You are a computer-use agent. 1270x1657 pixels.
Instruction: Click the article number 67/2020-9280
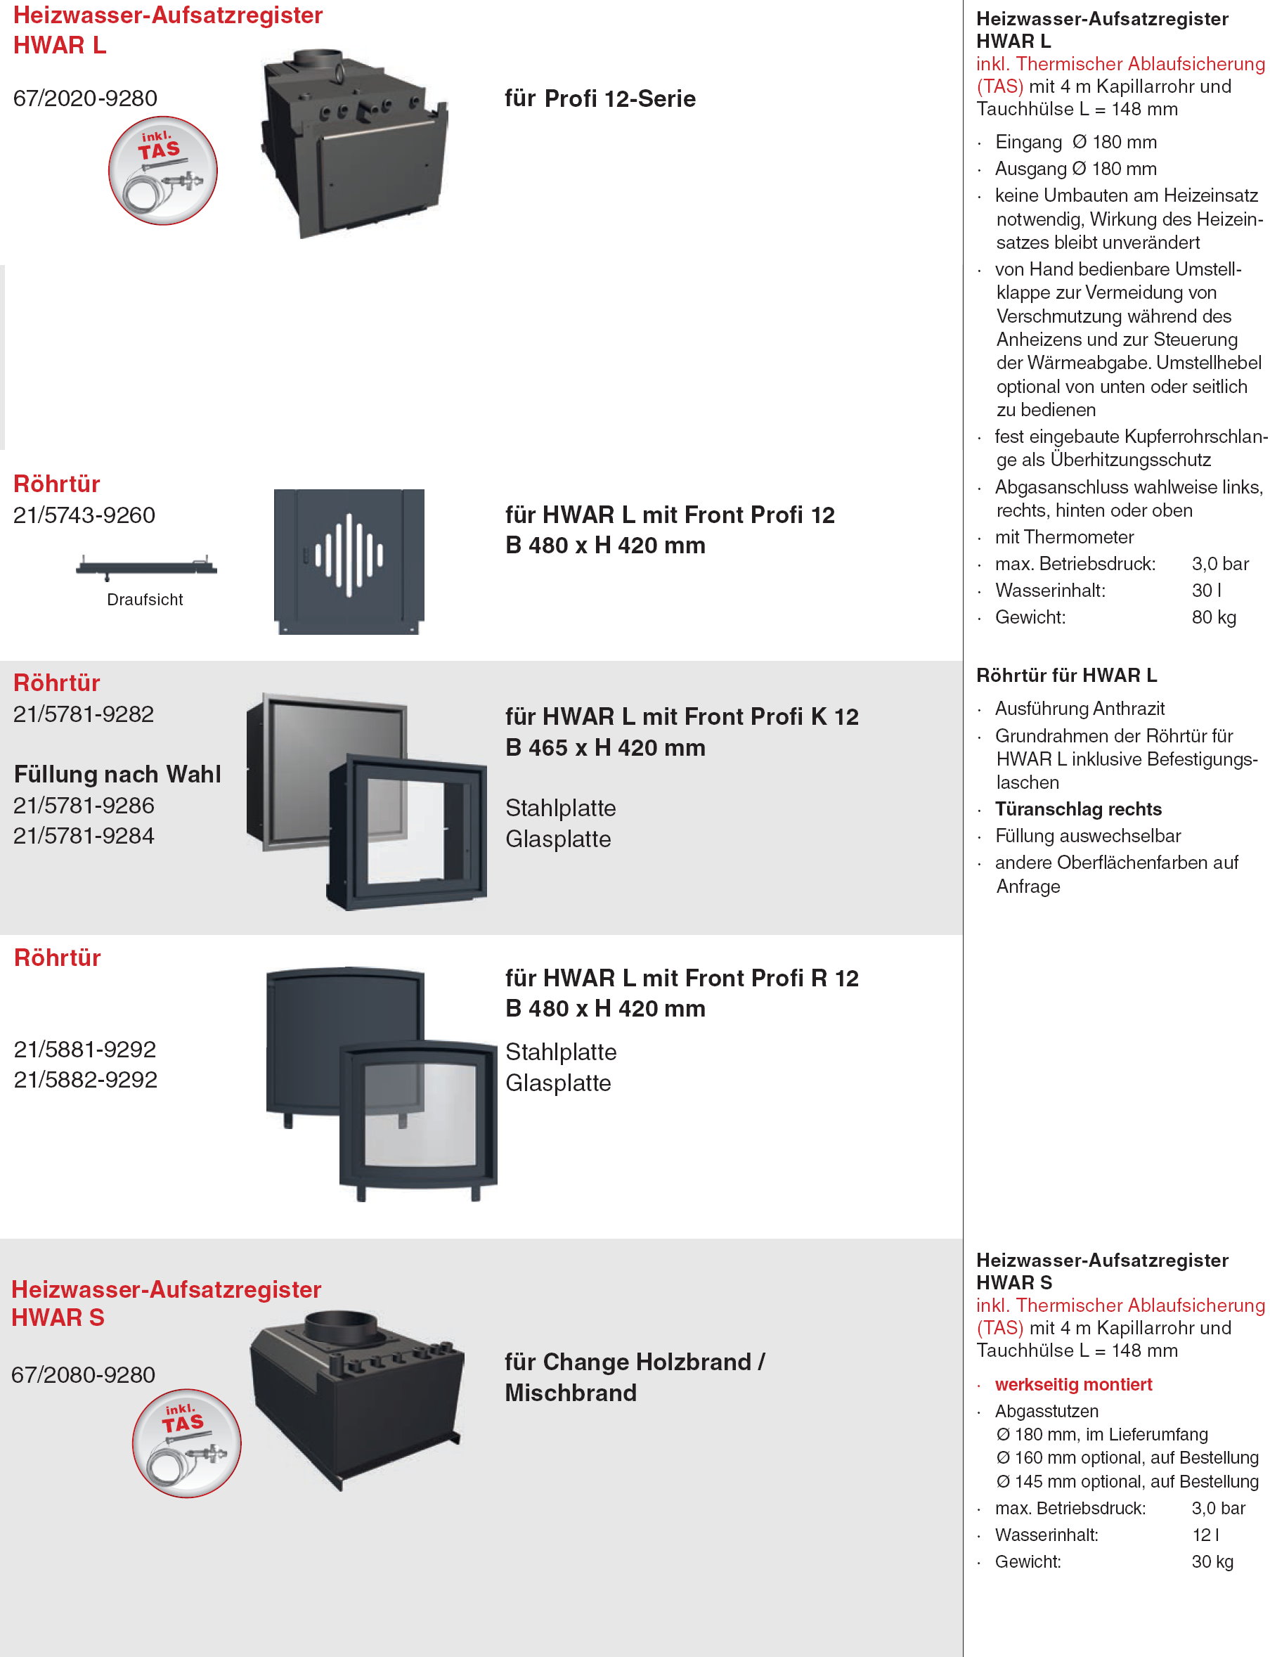pos(86,98)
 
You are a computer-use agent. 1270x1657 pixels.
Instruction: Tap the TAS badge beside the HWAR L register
pos(162,170)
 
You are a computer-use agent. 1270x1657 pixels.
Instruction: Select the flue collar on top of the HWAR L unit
pos(317,60)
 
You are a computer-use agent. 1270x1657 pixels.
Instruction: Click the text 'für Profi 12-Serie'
pos(600,98)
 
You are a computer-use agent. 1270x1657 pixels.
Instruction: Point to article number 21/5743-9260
pos(84,515)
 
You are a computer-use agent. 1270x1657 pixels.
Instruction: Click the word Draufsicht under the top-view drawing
pos(145,600)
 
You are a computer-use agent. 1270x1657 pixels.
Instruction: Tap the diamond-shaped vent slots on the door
pos(349,555)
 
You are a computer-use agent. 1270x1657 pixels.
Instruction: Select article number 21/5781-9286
pos(84,806)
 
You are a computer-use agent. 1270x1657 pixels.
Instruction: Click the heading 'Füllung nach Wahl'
pos(118,775)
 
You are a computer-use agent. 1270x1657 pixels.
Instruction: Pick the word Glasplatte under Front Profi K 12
pos(558,839)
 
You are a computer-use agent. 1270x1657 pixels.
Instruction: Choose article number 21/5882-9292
pos(86,1079)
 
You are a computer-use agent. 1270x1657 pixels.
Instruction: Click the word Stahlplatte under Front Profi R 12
pos(561,1052)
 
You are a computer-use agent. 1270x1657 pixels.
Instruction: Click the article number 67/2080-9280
pos(83,1375)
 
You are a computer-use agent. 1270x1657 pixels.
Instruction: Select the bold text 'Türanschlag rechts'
pos(1078,809)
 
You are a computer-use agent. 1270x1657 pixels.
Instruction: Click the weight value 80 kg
pos(1214,617)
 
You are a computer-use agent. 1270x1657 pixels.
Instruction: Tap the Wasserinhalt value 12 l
pos(1206,1535)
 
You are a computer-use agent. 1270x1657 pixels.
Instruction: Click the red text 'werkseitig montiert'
pos(1073,1385)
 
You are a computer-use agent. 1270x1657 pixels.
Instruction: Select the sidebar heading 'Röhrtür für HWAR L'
pos(1067,676)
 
